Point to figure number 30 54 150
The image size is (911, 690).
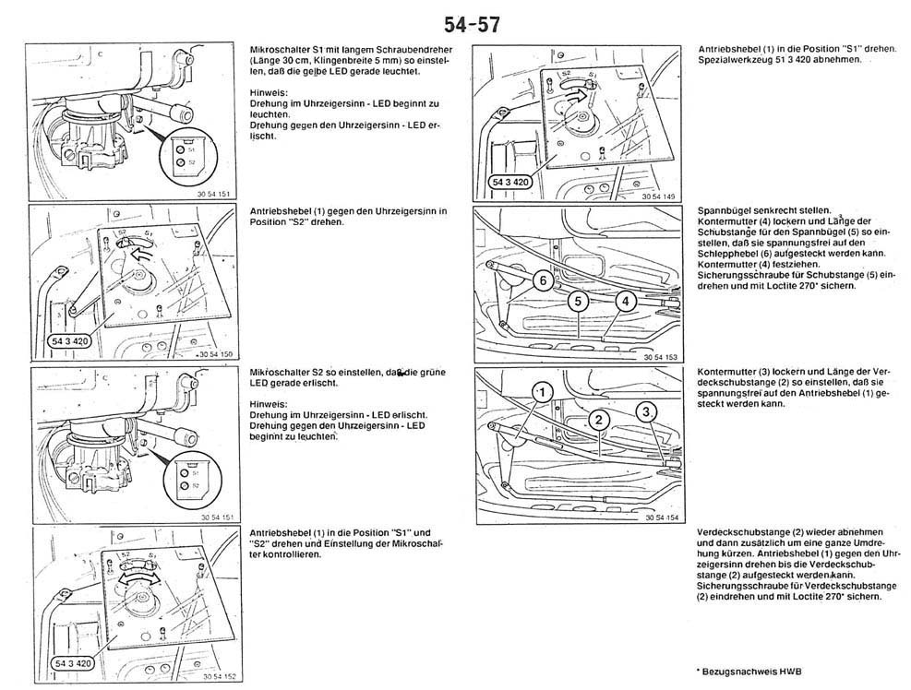(x=216, y=353)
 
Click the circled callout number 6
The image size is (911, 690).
(x=544, y=280)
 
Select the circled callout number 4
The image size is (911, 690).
(x=624, y=301)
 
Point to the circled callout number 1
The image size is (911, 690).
(x=544, y=392)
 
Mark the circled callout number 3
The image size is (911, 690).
(x=648, y=410)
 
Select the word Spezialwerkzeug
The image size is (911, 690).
(x=736, y=59)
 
